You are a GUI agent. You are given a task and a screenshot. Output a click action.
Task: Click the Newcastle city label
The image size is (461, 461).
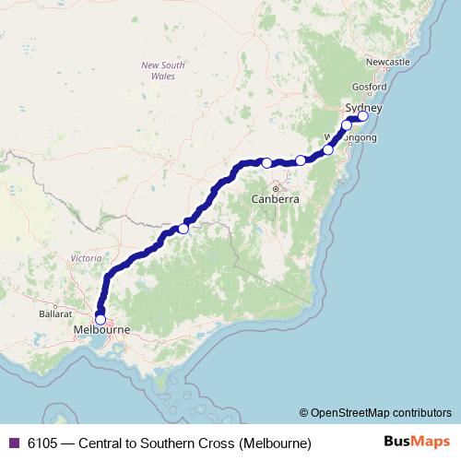pos(387,62)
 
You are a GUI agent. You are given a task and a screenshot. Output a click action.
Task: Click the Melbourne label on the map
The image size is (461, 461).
pos(101,329)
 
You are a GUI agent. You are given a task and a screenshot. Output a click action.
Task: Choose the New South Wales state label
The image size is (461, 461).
pos(162,71)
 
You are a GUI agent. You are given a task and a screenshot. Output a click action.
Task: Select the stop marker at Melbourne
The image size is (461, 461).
pos(100,319)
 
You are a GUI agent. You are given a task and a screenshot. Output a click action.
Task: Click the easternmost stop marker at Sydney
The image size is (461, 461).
pos(363,116)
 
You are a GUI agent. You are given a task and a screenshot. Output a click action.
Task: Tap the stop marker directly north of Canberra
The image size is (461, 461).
pos(267,163)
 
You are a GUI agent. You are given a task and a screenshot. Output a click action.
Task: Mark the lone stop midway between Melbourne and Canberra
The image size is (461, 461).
pos(183,228)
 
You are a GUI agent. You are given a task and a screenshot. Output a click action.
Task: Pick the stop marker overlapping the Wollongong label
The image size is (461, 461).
pos(328,149)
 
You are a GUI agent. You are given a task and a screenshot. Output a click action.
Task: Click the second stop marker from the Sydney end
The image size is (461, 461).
pos(348,125)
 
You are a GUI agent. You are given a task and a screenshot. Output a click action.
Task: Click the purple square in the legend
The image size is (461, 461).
pos(13,443)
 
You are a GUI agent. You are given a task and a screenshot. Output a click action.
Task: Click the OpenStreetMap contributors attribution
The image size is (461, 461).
pos(375,412)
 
